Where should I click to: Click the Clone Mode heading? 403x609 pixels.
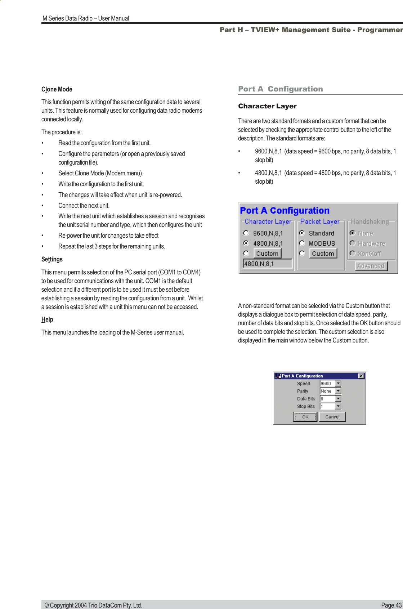(x=57, y=89)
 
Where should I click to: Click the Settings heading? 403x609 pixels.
(x=52, y=259)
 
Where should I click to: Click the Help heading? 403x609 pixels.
(x=47, y=319)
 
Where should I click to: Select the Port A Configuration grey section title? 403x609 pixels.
(x=280, y=89)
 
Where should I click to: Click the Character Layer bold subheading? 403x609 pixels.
(x=267, y=106)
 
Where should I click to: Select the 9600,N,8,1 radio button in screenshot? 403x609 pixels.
(x=246, y=233)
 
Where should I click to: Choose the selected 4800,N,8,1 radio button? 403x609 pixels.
(x=246, y=243)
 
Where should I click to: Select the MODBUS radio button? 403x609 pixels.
(x=302, y=243)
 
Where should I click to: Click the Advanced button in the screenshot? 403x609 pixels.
(x=371, y=266)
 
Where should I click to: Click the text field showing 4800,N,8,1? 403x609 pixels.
(x=268, y=264)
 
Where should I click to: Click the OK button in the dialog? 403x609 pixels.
(x=305, y=417)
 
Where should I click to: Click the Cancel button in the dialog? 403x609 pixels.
(x=332, y=417)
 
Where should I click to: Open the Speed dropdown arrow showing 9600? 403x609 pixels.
(x=338, y=384)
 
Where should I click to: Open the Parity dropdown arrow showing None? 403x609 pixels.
(x=338, y=391)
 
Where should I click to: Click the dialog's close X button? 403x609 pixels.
(x=361, y=376)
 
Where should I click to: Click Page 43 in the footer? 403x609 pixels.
(x=391, y=605)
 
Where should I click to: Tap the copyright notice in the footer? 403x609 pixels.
(x=93, y=605)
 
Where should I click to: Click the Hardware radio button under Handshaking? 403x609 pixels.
(x=353, y=243)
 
